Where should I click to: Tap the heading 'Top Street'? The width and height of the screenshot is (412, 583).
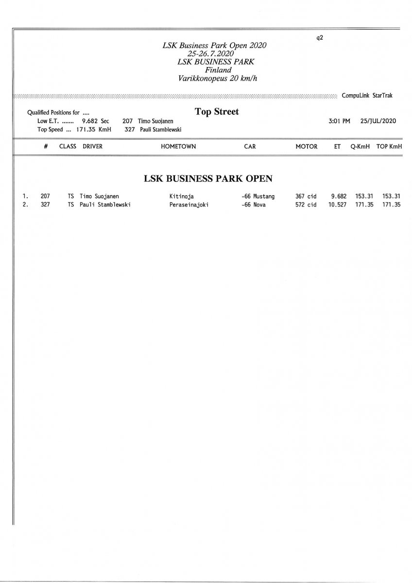217,112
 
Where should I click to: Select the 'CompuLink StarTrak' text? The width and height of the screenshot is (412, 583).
367,96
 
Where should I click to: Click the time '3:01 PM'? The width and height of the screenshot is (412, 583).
339,121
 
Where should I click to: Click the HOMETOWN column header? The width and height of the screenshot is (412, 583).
178,146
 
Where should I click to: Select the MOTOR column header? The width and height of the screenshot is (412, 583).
307,146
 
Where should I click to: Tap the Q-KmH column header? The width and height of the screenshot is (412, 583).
360,146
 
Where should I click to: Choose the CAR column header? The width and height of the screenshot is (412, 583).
250,146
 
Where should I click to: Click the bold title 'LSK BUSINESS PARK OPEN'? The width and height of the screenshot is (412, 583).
208,178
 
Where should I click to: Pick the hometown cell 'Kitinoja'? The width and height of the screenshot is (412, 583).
179,197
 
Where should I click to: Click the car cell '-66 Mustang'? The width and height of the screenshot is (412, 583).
257,197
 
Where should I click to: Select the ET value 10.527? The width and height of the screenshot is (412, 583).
337,205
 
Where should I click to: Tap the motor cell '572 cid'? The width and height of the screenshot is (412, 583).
306,205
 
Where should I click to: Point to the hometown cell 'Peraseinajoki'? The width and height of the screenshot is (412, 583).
186,205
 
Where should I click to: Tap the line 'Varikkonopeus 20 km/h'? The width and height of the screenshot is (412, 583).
215,78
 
